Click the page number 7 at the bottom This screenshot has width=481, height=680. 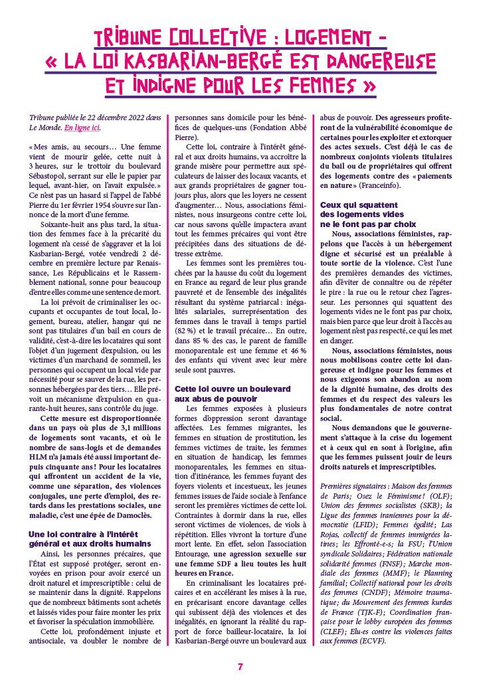click(x=241, y=667)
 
